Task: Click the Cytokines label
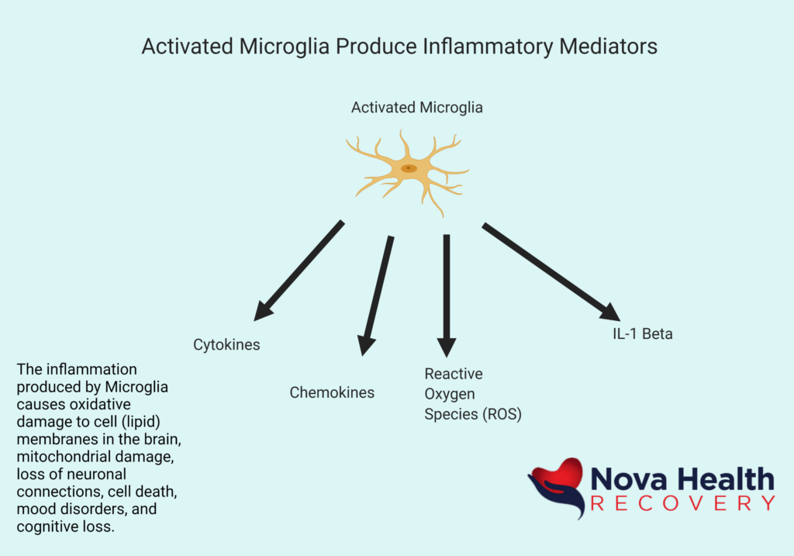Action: point(226,345)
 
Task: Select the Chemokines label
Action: point(332,392)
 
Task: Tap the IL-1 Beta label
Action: point(640,335)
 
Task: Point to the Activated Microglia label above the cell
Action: point(416,108)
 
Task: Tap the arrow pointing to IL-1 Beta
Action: point(551,271)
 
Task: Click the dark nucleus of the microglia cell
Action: point(409,168)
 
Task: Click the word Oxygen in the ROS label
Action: point(449,394)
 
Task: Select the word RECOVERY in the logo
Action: point(682,503)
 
